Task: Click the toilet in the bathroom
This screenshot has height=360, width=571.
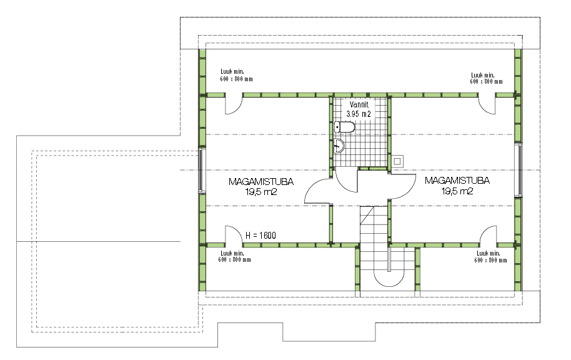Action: tap(344, 127)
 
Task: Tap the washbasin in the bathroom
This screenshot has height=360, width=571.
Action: tap(339, 146)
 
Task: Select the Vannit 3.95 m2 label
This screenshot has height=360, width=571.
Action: tap(359, 109)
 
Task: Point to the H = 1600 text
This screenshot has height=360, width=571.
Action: tap(261, 236)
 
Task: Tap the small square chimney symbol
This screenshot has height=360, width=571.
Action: tap(398, 161)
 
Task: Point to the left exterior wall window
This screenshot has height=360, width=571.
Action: tap(201, 170)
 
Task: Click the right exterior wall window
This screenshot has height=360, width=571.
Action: tap(520, 169)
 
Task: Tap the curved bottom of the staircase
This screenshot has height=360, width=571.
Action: tap(389, 281)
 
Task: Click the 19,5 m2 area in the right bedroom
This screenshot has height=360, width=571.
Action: tap(457, 191)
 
